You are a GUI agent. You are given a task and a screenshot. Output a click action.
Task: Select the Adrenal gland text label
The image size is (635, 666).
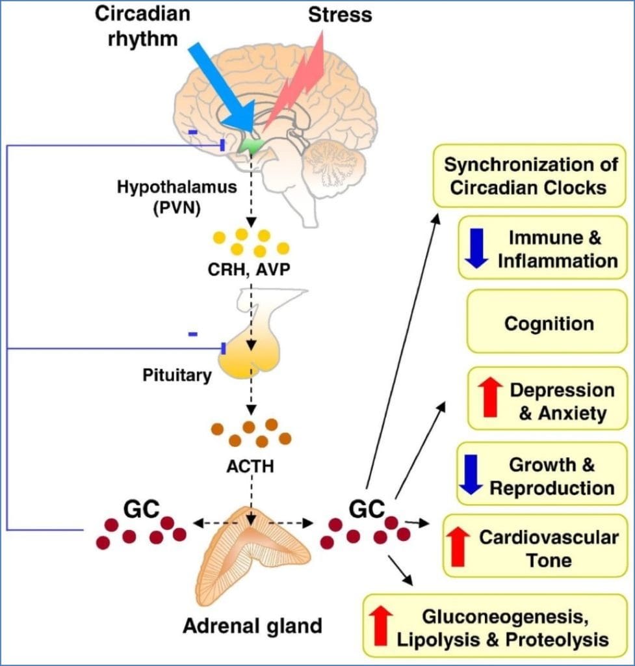[x=253, y=626]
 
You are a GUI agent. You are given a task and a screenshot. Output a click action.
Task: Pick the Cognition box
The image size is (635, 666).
[x=549, y=323]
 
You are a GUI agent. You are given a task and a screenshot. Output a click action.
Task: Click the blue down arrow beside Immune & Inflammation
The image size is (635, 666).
[x=476, y=247]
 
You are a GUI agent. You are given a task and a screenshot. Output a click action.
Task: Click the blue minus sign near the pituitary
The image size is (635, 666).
[x=193, y=334]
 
